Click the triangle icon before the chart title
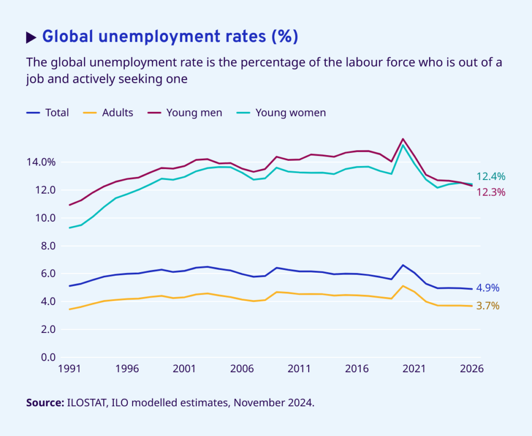point(31,37)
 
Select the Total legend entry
point(57,113)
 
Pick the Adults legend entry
point(117,113)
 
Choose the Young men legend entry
point(194,113)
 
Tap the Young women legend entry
point(290,113)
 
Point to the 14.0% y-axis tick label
point(41,162)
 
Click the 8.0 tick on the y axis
point(47,246)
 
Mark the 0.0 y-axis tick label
point(47,357)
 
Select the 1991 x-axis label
point(69,369)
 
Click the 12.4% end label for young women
point(490,177)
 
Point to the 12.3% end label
point(490,193)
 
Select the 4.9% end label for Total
point(488,288)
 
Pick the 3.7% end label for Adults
point(488,306)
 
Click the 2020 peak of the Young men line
point(403,139)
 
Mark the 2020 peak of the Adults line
point(403,286)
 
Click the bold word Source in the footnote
point(44,403)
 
